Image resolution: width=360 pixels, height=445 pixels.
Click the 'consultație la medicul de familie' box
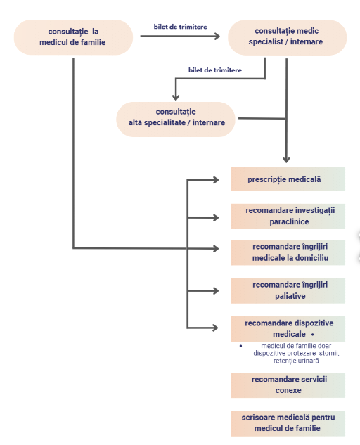(73, 37)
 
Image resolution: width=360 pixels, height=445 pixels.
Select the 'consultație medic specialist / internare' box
(287, 37)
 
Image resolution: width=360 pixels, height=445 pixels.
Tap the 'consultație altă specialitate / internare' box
(176, 120)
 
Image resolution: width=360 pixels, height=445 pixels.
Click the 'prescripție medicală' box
(288, 179)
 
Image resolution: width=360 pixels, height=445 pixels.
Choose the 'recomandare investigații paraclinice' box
(288, 217)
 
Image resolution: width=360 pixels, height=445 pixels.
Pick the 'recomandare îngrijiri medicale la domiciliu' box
(288, 252)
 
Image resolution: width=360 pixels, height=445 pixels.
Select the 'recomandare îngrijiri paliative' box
(288, 291)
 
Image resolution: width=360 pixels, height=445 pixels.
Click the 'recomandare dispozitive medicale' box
(288, 329)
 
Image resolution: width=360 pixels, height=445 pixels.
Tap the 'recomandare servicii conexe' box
(288, 385)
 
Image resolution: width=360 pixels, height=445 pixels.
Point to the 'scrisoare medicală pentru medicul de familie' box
(288, 423)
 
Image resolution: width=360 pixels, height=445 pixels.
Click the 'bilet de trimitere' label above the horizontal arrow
(181, 27)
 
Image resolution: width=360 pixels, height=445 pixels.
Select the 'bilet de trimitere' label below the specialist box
(215, 70)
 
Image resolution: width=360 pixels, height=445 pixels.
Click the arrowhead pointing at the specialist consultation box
(217, 37)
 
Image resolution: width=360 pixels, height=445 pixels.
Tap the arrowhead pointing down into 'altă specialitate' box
(176, 97)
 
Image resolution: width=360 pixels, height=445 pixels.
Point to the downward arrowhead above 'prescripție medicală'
(286, 160)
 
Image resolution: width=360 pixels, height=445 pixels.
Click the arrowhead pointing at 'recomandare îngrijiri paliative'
(216, 290)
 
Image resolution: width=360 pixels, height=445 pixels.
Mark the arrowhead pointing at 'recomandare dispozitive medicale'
(215, 328)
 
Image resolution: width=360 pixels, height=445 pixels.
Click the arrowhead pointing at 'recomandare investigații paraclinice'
(216, 218)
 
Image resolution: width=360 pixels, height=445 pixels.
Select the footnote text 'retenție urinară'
(296, 361)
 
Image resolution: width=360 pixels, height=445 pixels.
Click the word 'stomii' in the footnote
(329, 354)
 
